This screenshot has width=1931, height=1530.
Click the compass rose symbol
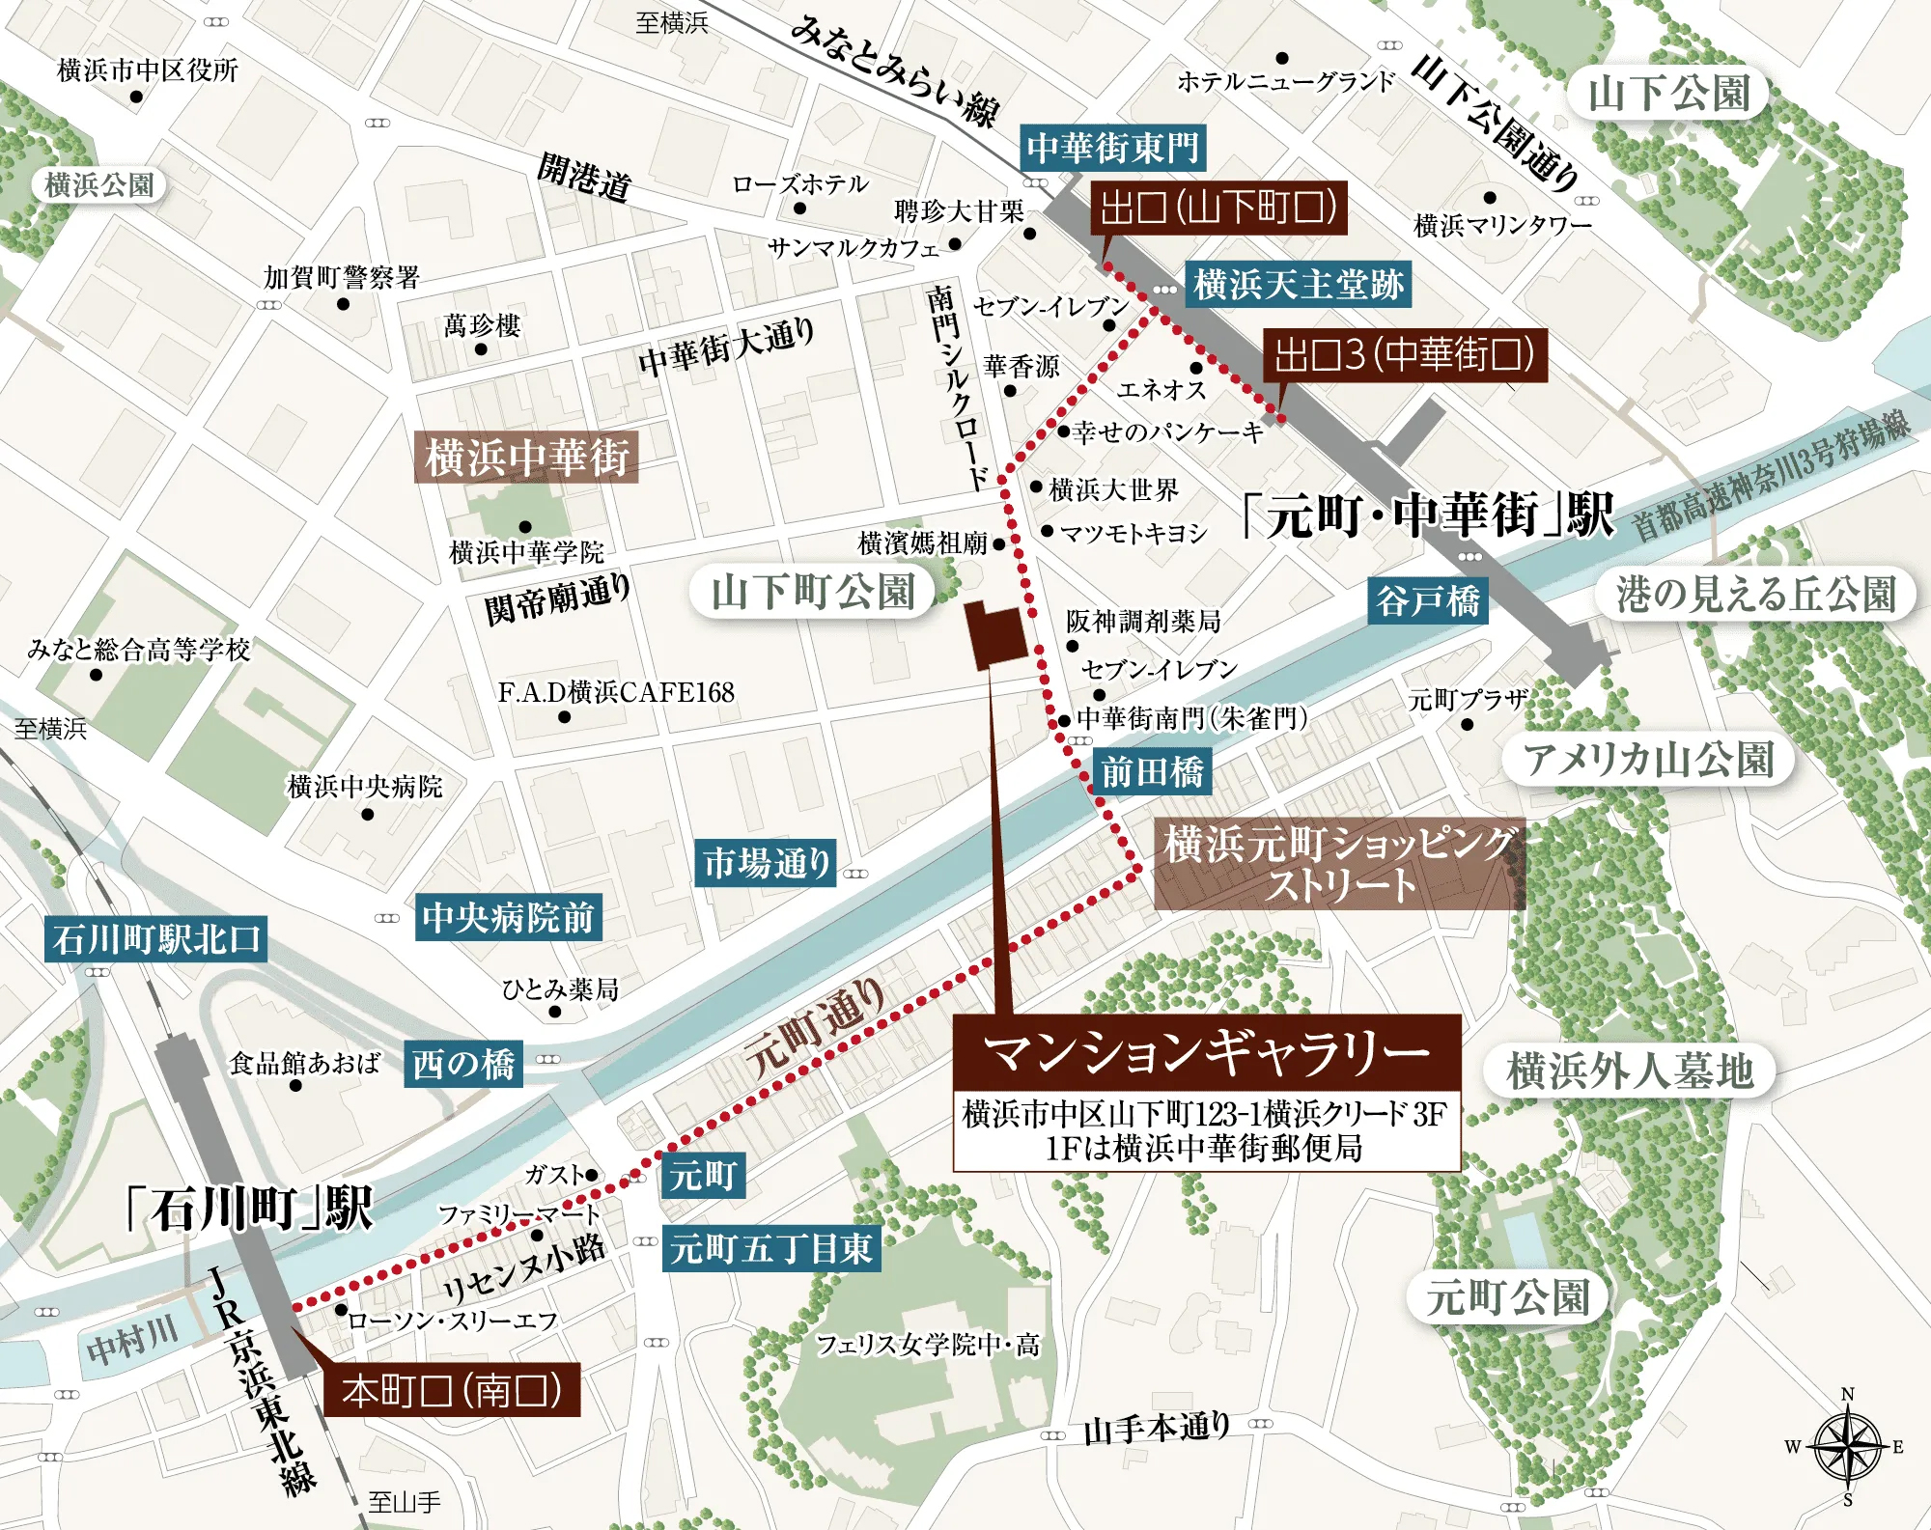point(1847,1446)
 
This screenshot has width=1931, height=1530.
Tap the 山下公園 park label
point(1669,94)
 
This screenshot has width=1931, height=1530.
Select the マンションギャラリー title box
point(1206,1052)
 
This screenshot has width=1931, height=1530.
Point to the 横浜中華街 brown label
point(526,457)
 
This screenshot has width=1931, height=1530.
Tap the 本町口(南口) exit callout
point(451,1390)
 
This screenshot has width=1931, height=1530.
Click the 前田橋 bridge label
point(1152,772)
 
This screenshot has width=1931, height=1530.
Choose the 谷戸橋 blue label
point(1428,600)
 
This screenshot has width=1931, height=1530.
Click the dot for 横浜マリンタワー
point(1490,199)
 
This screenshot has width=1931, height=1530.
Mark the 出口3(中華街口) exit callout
point(1404,355)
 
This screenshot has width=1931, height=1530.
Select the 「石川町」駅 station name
point(249,1209)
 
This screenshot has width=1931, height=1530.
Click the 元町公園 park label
point(1507,1296)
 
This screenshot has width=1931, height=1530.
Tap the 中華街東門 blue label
point(1112,148)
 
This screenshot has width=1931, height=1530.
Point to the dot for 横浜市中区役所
point(136,97)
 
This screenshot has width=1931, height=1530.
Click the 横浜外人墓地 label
point(1629,1071)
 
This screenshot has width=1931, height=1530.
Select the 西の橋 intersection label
point(463,1064)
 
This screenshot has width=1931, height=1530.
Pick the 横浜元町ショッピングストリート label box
point(1339,865)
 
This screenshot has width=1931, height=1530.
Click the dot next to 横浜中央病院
point(367,815)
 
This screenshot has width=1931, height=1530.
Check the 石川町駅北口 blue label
point(155,938)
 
